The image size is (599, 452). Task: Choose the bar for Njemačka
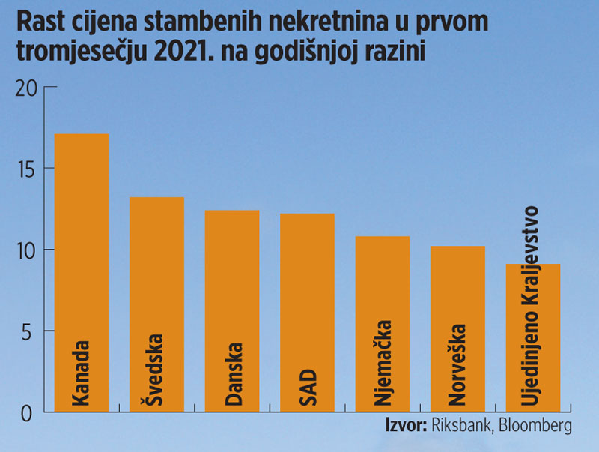[x=382, y=285]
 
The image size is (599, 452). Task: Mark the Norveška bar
[x=457, y=292]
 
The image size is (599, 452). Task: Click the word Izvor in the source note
[x=405, y=425]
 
